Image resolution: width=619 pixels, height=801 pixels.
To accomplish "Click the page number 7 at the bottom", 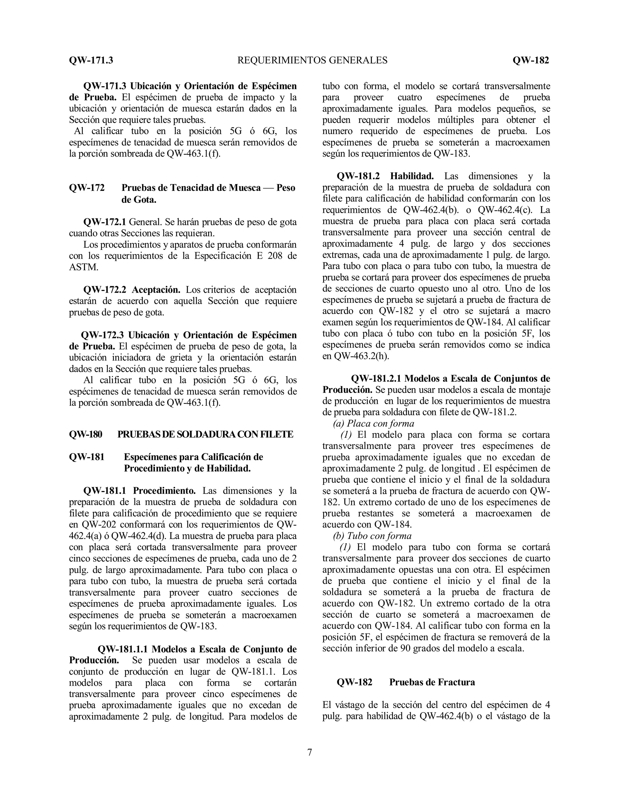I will tap(309, 753).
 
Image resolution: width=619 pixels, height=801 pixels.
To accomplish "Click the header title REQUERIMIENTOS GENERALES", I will tap(313, 60).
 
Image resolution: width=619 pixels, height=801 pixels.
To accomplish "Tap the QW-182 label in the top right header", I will tap(531, 60).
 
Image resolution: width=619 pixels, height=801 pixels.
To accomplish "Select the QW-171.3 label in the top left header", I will tap(91, 60).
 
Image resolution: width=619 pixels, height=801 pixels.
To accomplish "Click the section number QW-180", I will tap(86, 434).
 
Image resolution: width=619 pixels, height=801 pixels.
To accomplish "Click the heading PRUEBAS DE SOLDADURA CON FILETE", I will tap(205, 434).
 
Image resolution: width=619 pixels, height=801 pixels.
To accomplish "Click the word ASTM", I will tap(84, 267).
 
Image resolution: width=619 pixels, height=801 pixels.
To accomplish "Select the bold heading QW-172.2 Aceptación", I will tap(132, 290).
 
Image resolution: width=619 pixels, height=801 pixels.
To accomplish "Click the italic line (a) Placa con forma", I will tap(373, 423).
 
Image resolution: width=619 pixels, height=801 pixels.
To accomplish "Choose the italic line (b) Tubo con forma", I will tap(372, 536).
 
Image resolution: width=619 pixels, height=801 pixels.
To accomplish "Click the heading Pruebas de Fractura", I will tap(432, 682).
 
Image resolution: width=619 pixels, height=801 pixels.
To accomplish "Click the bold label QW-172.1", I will tap(105, 222).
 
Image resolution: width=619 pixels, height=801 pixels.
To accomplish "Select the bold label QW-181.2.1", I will tap(376, 378).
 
